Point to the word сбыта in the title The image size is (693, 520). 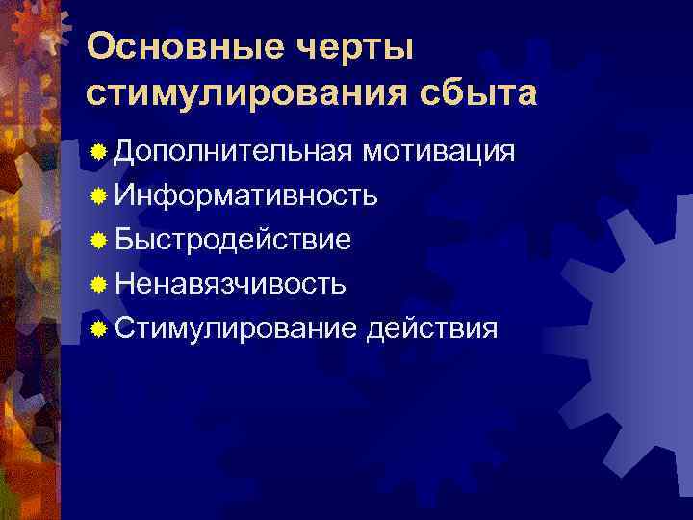point(478,93)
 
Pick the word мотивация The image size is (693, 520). point(440,152)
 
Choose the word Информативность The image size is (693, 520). point(245,196)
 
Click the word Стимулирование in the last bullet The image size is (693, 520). point(236,329)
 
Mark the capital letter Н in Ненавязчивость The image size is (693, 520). point(124,285)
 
